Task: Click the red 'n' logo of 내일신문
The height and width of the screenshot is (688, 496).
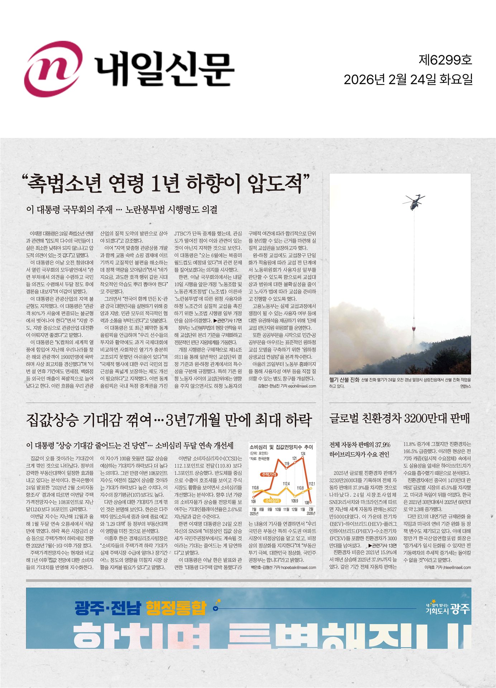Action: coord(53,69)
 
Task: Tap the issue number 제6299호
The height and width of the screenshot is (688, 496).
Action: coord(445,60)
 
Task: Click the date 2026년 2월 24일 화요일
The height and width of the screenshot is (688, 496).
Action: coord(408,80)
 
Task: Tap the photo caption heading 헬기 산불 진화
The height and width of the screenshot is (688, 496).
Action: coord(344,380)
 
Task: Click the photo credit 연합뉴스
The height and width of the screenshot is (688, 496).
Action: coord(466,386)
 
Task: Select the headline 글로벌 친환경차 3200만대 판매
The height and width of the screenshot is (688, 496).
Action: coord(399,418)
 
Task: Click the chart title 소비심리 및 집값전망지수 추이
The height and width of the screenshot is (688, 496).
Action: coord(281,447)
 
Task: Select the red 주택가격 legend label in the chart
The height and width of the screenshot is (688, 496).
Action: coord(269,474)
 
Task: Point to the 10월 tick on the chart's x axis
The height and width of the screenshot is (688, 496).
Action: coord(278,509)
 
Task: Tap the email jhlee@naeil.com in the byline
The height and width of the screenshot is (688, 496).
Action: coord(457,567)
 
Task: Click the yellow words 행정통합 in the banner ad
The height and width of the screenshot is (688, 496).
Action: coord(176,608)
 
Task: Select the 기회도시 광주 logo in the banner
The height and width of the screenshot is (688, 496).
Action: coord(448,608)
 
